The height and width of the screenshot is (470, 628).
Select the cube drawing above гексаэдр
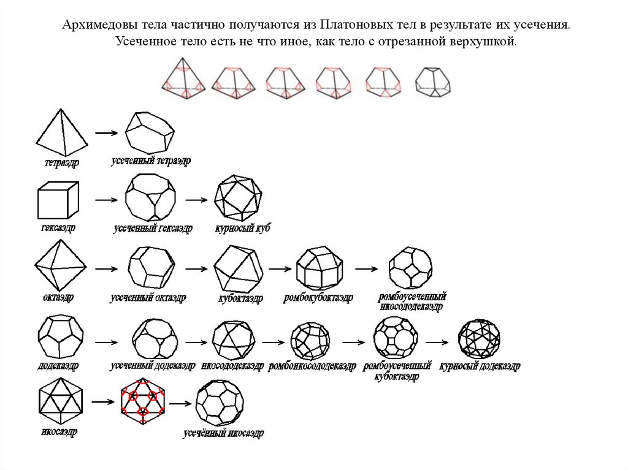coord(58,200)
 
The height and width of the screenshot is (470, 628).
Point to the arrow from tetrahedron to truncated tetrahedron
coord(106,132)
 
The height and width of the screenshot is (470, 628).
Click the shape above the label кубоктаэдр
coord(239,269)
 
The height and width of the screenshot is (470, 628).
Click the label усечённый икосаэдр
coord(223,434)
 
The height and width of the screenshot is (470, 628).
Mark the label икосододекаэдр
coord(232,366)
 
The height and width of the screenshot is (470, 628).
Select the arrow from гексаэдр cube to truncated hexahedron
coord(106,200)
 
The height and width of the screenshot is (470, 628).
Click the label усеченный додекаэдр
coord(148,366)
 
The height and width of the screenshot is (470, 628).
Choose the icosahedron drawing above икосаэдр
coord(59,401)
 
